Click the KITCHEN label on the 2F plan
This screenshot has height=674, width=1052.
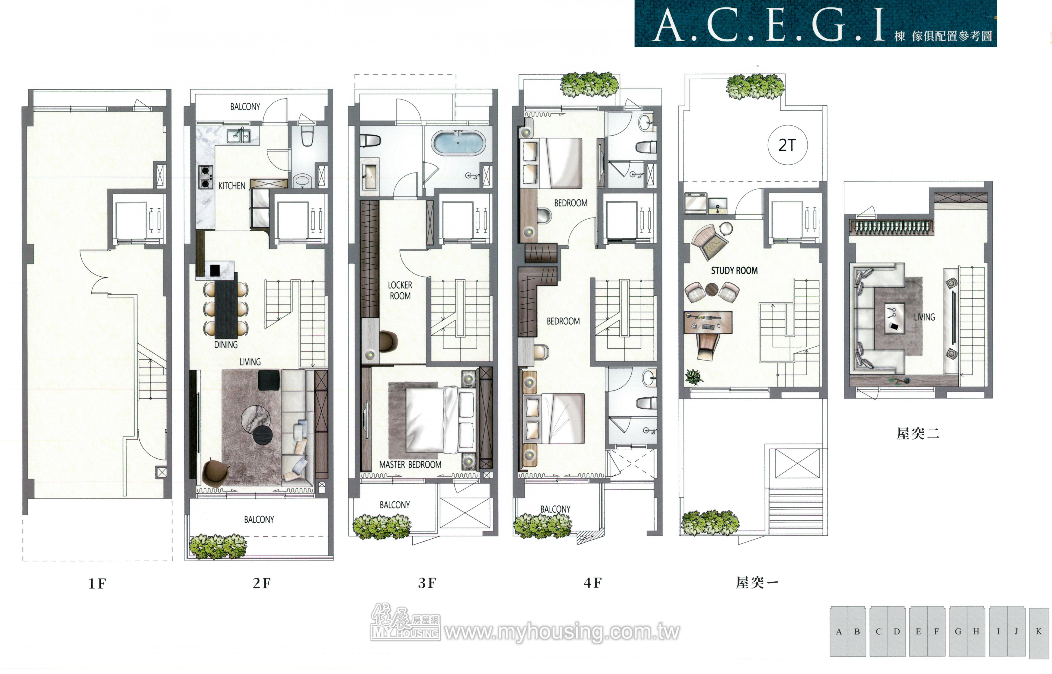pos(232,186)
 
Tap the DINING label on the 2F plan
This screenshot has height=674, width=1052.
pos(226,345)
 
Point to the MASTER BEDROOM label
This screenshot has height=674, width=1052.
pos(410,464)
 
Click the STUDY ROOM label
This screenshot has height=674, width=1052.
pos(734,271)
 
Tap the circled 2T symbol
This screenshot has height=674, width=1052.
pos(787,145)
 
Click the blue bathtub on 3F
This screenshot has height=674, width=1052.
pos(458,142)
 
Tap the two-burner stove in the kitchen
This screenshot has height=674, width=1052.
pos(205,177)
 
